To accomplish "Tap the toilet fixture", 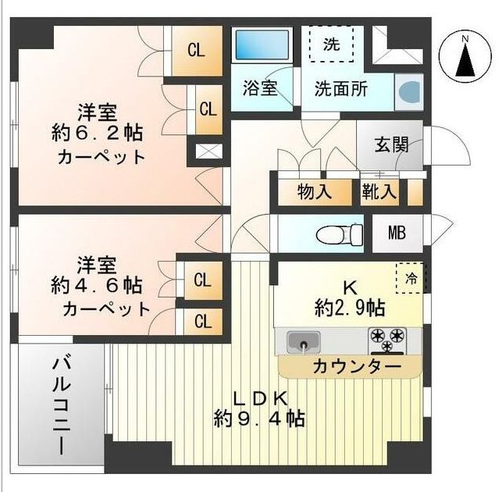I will point(342,233).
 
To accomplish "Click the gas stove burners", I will point(387,340).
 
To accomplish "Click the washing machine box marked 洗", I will point(331,44).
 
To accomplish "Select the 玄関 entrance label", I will point(390,144).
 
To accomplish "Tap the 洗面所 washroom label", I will point(340,88).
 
